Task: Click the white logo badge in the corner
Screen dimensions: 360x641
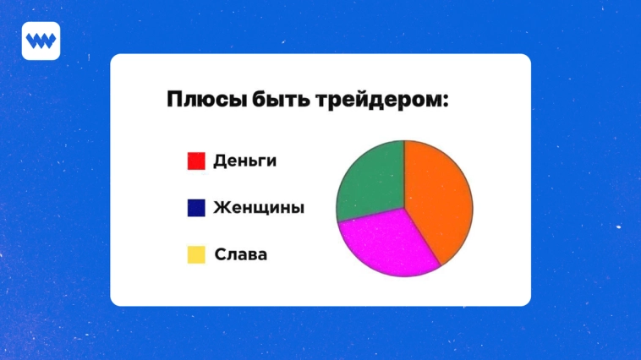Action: tap(41, 41)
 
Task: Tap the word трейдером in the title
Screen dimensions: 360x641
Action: tap(377, 100)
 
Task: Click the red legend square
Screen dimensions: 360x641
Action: tap(196, 161)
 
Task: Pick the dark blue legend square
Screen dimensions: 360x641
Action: tap(196, 207)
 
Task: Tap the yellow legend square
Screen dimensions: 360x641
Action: tap(196, 254)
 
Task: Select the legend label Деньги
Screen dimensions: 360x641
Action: tap(244, 161)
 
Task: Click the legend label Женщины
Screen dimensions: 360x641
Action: tap(259, 207)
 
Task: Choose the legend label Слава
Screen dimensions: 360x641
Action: tap(241, 254)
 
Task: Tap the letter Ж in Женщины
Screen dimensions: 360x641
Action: tap(222, 207)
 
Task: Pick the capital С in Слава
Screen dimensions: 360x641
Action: tap(220, 254)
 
